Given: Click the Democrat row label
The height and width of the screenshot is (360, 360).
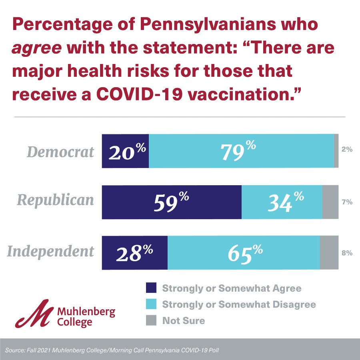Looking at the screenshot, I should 60,152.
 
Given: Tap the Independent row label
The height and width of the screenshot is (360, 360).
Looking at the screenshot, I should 51,252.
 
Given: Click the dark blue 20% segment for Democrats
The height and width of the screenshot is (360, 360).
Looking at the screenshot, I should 125,151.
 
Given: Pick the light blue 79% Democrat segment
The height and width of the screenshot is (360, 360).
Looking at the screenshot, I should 241,151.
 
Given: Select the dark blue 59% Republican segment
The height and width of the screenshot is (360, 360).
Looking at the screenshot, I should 172,202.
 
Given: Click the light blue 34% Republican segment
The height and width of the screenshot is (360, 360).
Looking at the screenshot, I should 282,202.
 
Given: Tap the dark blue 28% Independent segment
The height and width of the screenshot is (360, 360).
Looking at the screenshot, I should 135,253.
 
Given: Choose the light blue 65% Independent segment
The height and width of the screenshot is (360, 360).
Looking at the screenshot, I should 244,253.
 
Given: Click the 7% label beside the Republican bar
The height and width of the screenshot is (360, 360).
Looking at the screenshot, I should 347,202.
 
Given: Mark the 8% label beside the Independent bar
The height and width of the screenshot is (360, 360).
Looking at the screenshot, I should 347,253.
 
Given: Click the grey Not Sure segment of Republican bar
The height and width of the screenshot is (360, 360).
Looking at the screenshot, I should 330,202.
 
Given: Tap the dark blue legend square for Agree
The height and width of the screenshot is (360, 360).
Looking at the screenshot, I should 151,288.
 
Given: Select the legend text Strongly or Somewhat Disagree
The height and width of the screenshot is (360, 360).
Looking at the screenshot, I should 239,304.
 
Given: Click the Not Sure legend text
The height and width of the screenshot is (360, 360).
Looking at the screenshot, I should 184,320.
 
